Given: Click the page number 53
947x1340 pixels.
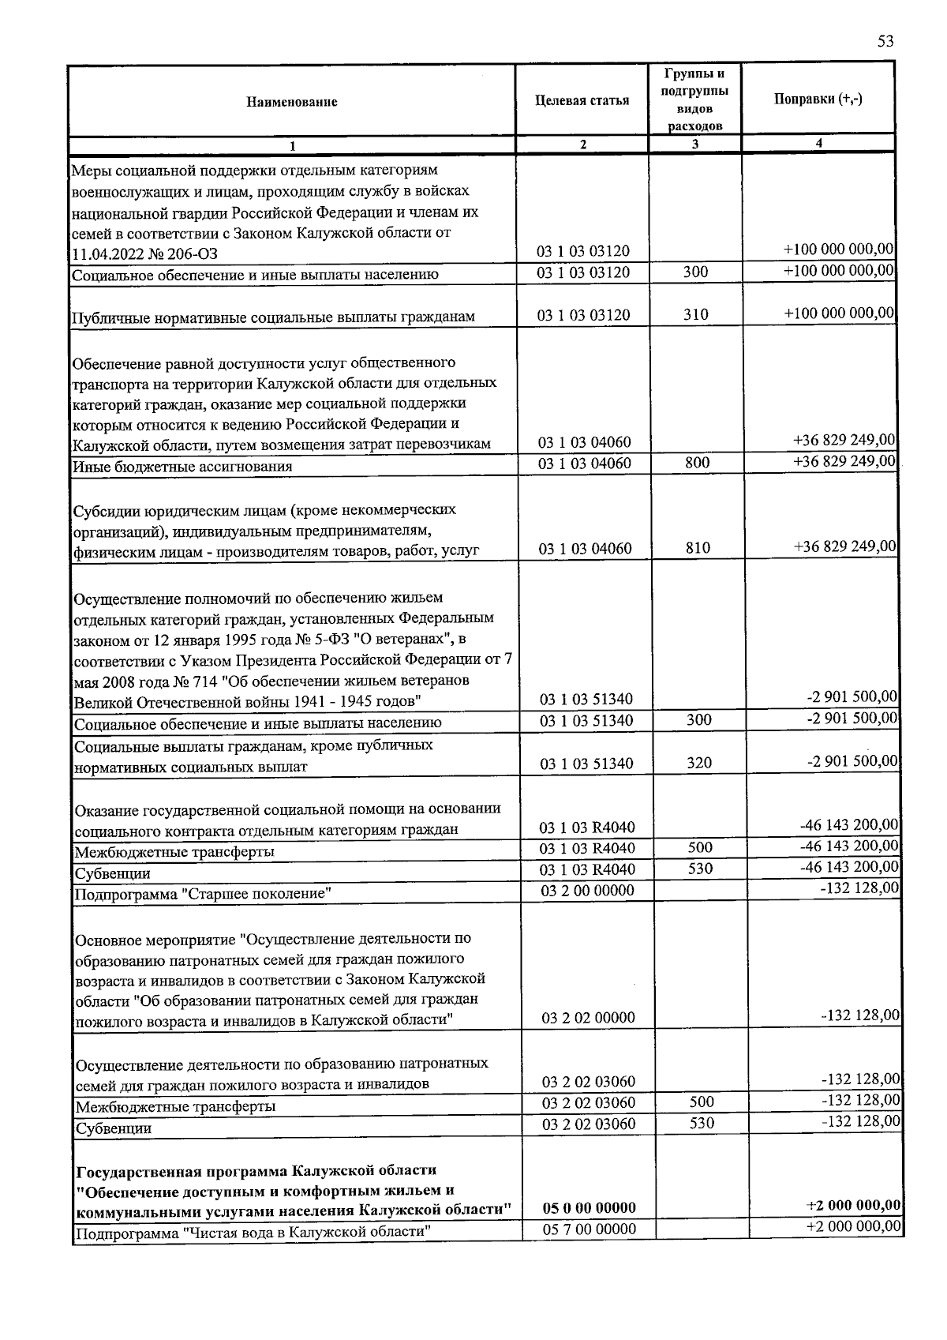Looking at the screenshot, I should tap(885, 42).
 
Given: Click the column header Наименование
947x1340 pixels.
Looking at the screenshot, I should tap(292, 102).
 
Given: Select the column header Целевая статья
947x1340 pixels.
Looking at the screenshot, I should tap(582, 100).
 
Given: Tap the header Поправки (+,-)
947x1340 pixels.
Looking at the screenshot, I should tap(818, 99).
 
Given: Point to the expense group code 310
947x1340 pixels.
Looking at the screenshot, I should tap(697, 315).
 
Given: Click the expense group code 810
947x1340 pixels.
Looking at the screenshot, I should tap(698, 547).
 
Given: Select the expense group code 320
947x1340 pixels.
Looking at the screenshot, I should tap(699, 763).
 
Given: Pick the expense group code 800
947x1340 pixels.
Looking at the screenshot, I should tap(698, 463).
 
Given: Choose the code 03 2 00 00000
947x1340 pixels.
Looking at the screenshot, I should tap(588, 891).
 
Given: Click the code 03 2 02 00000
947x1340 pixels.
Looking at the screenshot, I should tap(589, 1018).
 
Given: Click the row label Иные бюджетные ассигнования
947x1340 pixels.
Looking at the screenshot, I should tap(182, 467).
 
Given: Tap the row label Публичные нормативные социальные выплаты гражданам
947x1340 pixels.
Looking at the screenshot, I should tap(274, 317).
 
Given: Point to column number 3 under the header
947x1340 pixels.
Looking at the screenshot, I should tap(694, 145).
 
